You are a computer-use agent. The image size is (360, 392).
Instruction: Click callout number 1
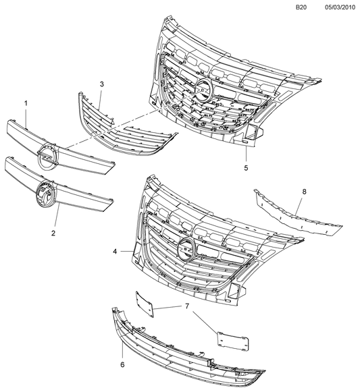(x=26, y=103)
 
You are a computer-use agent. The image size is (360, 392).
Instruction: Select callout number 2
(x=53, y=233)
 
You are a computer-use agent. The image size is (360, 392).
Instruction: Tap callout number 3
(x=101, y=84)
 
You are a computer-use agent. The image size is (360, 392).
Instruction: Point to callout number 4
(x=115, y=252)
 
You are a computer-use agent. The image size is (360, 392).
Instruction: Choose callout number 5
(x=246, y=168)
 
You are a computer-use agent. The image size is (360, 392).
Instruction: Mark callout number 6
(x=122, y=365)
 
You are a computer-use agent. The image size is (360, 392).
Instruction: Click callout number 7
(x=187, y=306)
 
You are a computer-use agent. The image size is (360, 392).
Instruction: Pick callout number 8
(x=304, y=192)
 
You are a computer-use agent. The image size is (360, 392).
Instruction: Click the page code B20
(x=301, y=7)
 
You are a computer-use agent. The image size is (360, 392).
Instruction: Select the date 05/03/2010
(x=340, y=7)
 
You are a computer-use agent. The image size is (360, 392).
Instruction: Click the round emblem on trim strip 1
(x=48, y=157)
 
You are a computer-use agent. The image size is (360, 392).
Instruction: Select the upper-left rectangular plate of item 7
(x=144, y=304)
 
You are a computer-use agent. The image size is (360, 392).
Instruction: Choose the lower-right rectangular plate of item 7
(x=233, y=341)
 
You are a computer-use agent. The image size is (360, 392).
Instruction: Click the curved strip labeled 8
(x=298, y=218)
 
